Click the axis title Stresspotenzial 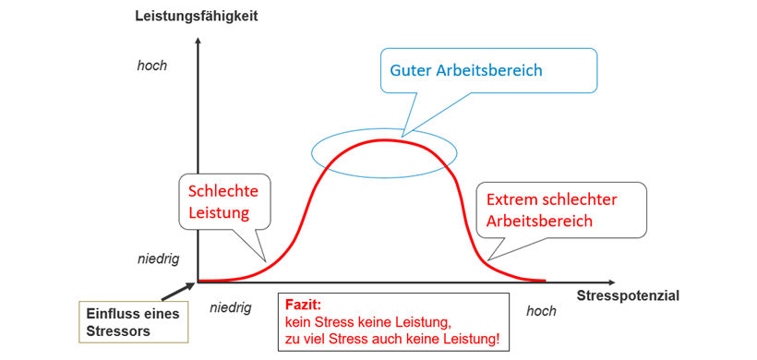click(x=628, y=295)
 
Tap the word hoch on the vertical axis click(x=152, y=66)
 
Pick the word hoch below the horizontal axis click(x=542, y=311)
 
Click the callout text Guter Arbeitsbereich click(x=466, y=70)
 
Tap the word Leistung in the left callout click(x=220, y=213)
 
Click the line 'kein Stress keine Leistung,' click(x=367, y=322)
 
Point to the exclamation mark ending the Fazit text click(x=498, y=340)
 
